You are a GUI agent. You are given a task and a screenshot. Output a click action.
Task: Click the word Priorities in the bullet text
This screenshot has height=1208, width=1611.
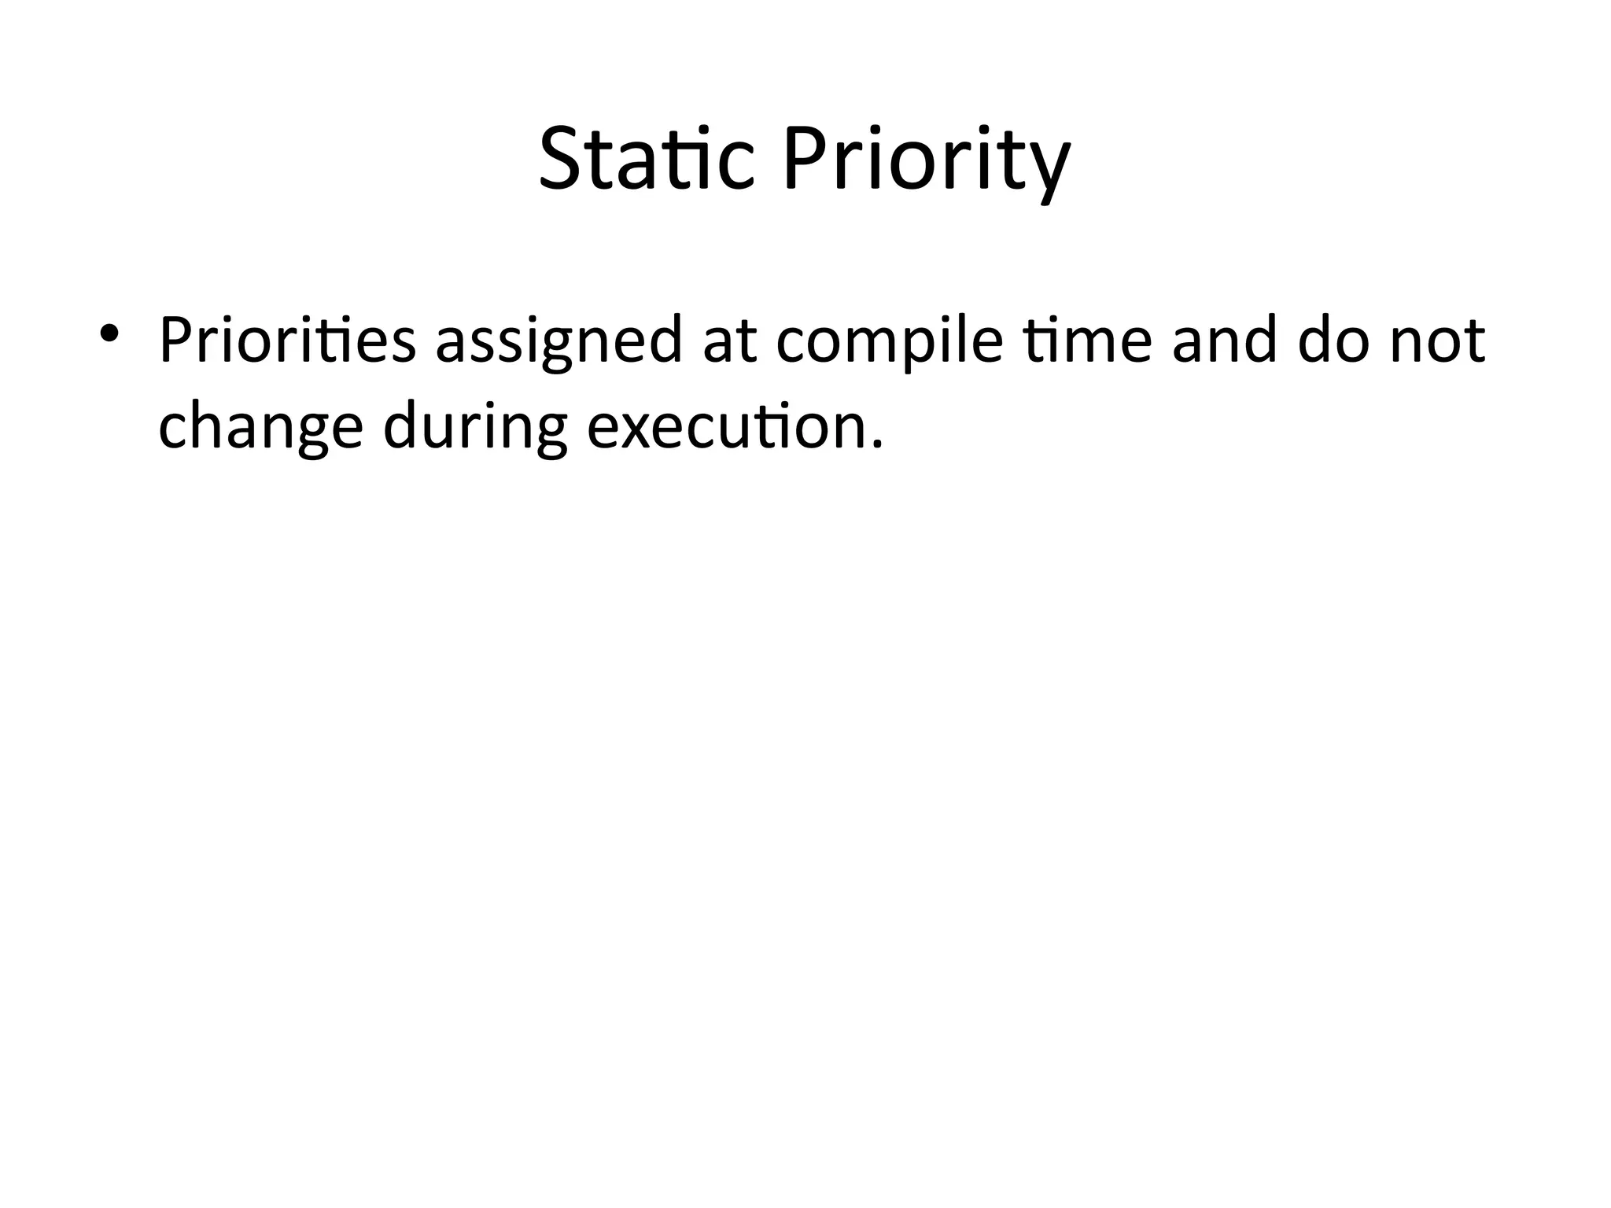click(x=286, y=341)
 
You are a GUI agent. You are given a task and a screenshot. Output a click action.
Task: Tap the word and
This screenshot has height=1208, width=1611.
click(x=1224, y=341)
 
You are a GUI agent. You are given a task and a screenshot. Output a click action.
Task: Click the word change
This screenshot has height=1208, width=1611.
click(x=260, y=429)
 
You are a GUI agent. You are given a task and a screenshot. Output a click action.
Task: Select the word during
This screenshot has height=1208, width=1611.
click(x=475, y=429)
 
